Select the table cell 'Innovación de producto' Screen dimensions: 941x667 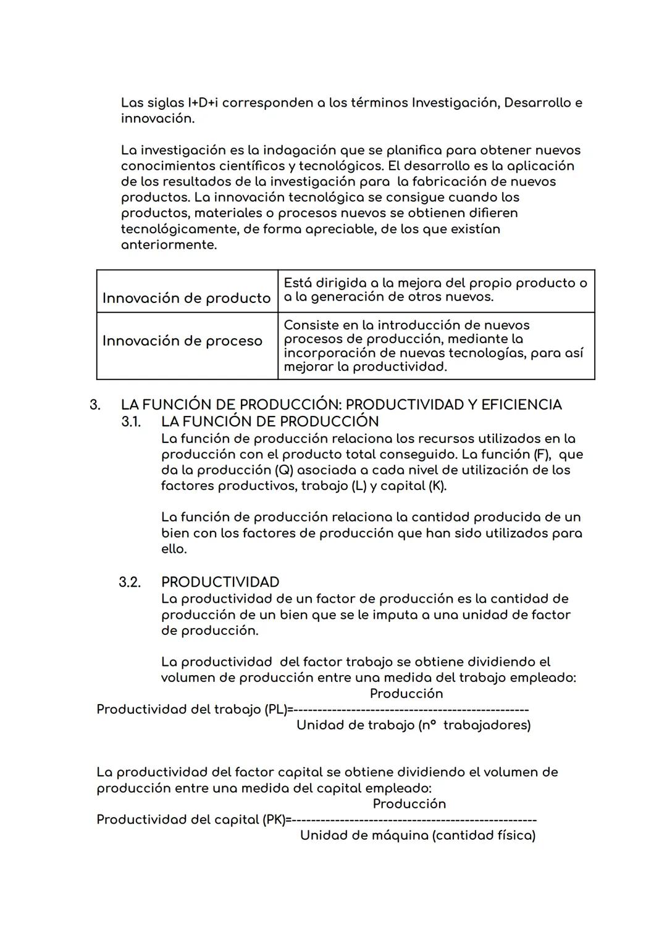click(186, 299)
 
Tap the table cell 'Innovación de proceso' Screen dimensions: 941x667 click(182, 341)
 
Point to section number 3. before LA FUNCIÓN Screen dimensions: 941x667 click(95, 405)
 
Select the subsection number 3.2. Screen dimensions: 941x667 click(130, 582)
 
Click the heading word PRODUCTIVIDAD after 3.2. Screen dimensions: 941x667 click(220, 582)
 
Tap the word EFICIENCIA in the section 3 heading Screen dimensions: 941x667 click(521, 405)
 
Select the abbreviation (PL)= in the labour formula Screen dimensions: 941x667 click(279, 710)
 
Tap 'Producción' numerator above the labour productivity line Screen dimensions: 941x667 click(406, 694)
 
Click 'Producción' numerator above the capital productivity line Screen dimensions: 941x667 click(409, 804)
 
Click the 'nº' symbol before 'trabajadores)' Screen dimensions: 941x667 click(428, 725)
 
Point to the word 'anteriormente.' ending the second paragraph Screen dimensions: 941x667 click(169, 245)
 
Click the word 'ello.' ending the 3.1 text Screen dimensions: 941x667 click(174, 549)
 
